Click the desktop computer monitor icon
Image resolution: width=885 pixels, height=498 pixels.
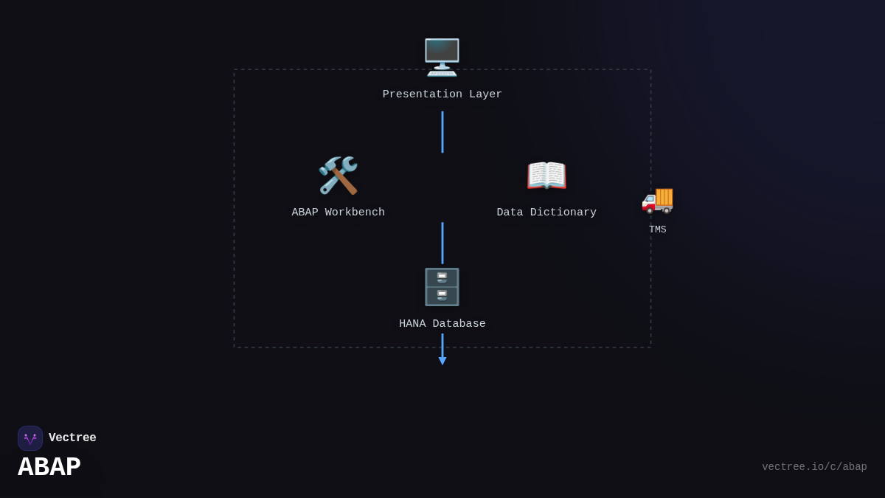click(442, 57)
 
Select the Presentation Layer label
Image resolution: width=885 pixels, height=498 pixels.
click(442, 94)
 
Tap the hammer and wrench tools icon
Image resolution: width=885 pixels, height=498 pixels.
click(338, 176)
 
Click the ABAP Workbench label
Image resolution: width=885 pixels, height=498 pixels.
click(338, 212)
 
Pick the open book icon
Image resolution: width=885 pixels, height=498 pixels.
click(546, 176)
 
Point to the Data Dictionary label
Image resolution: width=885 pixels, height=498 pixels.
click(546, 212)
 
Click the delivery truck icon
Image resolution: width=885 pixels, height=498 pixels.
click(657, 199)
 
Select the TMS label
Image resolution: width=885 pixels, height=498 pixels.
click(657, 229)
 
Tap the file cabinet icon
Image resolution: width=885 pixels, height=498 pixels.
click(442, 287)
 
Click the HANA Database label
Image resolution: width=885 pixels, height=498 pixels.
click(442, 324)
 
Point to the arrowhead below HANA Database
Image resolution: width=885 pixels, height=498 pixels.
click(442, 361)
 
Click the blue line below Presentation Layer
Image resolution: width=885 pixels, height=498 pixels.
click(442, 132)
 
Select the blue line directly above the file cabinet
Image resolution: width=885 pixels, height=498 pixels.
click(442, 243)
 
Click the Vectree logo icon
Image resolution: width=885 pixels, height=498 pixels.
click(30, 438)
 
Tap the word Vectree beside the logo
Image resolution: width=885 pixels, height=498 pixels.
click(72, 438)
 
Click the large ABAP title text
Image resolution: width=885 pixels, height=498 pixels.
click(49, 467)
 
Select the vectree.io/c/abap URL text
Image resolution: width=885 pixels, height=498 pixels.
click(814, 467)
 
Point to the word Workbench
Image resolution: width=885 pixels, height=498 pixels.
click(355, 212)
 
